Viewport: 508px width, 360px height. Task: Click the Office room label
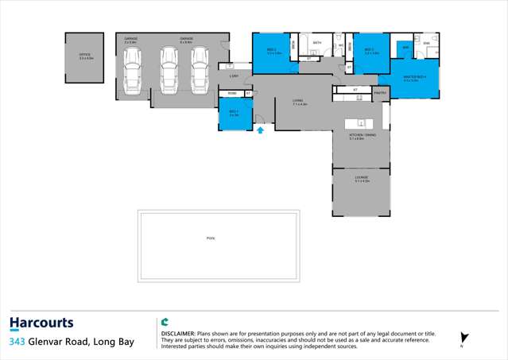tap(84, 56)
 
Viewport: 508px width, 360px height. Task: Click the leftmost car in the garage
tap(131, 70)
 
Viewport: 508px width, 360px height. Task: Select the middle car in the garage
tap(169, 70)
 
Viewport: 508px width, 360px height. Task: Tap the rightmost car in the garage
tap(200, 70)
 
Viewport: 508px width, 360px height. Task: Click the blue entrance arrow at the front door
tap(260, 130)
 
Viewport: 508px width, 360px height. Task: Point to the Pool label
tap(211, 238)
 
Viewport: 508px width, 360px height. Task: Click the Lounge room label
tap(362, 179)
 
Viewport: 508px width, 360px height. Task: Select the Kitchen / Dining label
tap(362, 136)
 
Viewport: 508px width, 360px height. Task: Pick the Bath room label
tap(316, 42)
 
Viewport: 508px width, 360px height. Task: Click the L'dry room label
tap(233, 75)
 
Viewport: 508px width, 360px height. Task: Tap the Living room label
tap(299, 101)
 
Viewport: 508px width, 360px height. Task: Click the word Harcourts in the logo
tap(41, 323)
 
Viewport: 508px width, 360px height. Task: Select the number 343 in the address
tap(16, 342)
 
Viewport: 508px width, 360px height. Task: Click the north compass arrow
tap(464, 338)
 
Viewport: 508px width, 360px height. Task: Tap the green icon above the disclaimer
tap(165, 322)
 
